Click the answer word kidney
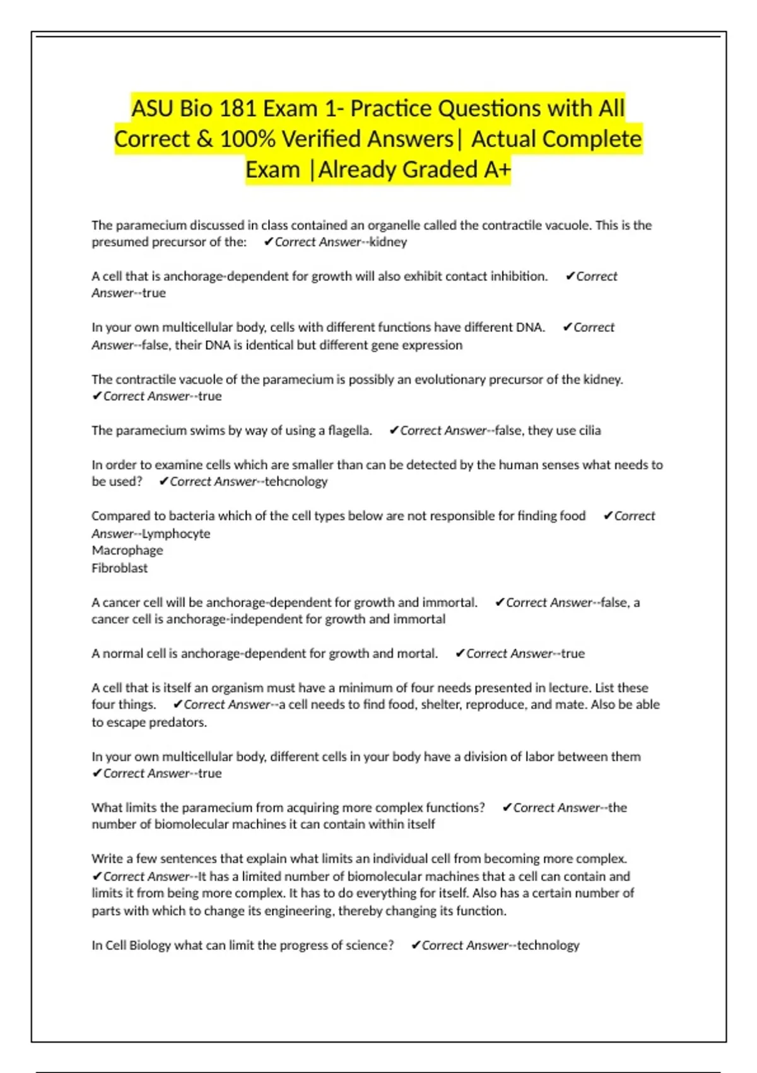[388, 242]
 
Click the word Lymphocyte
[176, 533]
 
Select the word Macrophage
[127, 550]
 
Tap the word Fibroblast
[120, 568]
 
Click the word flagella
[349, 430]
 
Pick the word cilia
[590, 430]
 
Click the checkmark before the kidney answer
[269, 242]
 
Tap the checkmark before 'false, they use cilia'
[394, 430]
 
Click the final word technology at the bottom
[548, 946]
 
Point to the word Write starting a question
[107, 859]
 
